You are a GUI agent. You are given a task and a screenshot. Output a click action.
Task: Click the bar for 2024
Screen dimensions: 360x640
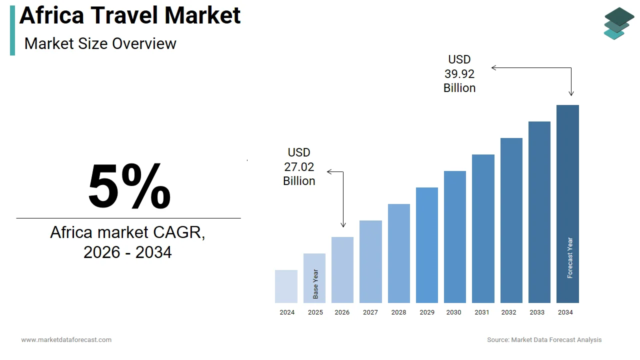coord(286,286)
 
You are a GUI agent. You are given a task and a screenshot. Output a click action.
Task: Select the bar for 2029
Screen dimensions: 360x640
coord(426,245)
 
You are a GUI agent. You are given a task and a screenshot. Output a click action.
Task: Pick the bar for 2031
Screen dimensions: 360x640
coord(483,228)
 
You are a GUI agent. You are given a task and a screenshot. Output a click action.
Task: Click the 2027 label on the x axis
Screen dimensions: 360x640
coord(370,312)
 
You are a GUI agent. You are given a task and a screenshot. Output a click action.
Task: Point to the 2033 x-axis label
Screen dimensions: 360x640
coord(537,312)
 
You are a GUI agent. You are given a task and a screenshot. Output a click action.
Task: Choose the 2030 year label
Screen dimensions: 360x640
coord(454,312)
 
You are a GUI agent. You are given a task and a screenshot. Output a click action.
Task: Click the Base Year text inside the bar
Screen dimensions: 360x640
coord(315,284)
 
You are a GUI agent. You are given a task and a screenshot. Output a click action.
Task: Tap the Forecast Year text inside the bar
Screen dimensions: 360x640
coord(570,257)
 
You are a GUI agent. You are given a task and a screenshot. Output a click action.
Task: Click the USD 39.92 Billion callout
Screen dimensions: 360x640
coord(459,74)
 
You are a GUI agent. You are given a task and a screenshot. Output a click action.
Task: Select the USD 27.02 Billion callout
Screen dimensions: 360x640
coord(299,166)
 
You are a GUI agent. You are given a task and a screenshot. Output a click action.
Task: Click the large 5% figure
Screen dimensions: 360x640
coord(129,186)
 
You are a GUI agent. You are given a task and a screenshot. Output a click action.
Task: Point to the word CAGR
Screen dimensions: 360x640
coord(177,232)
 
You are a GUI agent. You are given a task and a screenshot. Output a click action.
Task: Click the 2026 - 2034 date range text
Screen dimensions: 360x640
coord(127,252)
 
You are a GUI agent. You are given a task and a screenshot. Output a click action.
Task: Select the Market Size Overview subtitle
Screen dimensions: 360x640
coord(100,43)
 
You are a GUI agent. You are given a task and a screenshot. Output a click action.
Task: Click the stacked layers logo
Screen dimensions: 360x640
coord(618,23)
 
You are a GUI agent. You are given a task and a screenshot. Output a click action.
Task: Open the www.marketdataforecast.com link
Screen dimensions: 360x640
coord(66,339)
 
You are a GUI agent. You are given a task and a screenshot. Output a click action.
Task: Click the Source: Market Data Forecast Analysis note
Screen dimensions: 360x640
coord(544,339)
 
